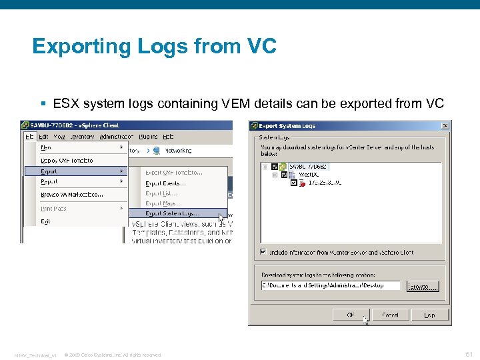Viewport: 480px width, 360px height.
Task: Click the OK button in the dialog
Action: [351, 315]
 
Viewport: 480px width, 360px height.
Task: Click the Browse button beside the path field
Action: [423, 285]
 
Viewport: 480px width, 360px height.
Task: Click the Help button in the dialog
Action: [429, 315]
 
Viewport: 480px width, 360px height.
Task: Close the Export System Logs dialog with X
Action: [445, 126]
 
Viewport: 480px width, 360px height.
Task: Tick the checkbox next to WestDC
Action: [285, 175]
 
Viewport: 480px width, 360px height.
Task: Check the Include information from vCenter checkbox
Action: [263, 252]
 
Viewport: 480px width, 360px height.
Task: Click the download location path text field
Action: [331, 285]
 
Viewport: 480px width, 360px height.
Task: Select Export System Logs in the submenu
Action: [172, 213]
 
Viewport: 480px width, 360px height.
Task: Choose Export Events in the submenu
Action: [165, 183]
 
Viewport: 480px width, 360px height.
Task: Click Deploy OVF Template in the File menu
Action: [67, 160]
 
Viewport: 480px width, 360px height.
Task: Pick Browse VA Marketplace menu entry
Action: [72, 195]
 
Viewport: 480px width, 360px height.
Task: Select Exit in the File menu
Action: [45, 221]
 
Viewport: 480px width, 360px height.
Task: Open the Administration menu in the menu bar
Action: [116, 136]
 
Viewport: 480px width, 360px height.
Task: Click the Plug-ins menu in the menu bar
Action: [149, 136]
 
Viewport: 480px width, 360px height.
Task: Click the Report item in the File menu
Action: [49, 181]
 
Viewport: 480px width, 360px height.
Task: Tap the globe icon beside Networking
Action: [157, 150]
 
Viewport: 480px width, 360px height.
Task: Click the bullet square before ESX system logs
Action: [43, 104]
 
